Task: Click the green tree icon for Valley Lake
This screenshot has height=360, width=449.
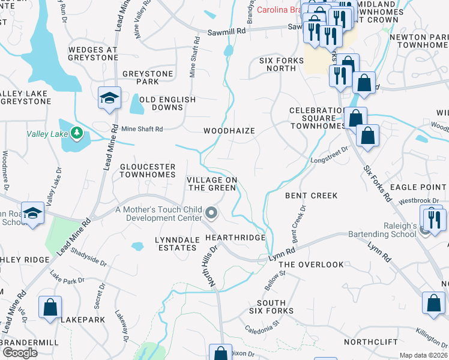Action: pyautogui.click(x=76, y=132)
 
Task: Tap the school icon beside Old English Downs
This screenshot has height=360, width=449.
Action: pyautogui.click(x=110, y=98)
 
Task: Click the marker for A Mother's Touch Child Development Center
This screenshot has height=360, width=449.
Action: pyautogui.click(x=211, y=212)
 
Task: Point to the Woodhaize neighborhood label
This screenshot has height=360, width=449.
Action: pyautogui.click(x=229, y=131)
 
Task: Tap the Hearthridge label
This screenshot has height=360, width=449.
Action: pyautogui.click(x=235, y=238)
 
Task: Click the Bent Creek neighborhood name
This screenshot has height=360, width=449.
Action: pyautogui.click(x=311, y=196)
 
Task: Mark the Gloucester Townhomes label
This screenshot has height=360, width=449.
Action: pyautogui.click(x=147, y=170)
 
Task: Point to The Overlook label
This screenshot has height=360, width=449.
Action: pyautogui.click(x=311, y=265)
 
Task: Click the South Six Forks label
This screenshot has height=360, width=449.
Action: pyautogui.click(x=275, y=307)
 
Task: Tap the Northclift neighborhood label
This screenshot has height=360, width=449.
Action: pyautogui.click(x=371, y=342)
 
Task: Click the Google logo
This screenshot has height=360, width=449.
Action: pyautogui.click(x=19, y=353)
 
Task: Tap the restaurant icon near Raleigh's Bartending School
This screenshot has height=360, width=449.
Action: pyautogui.click(x=433, y=218)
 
